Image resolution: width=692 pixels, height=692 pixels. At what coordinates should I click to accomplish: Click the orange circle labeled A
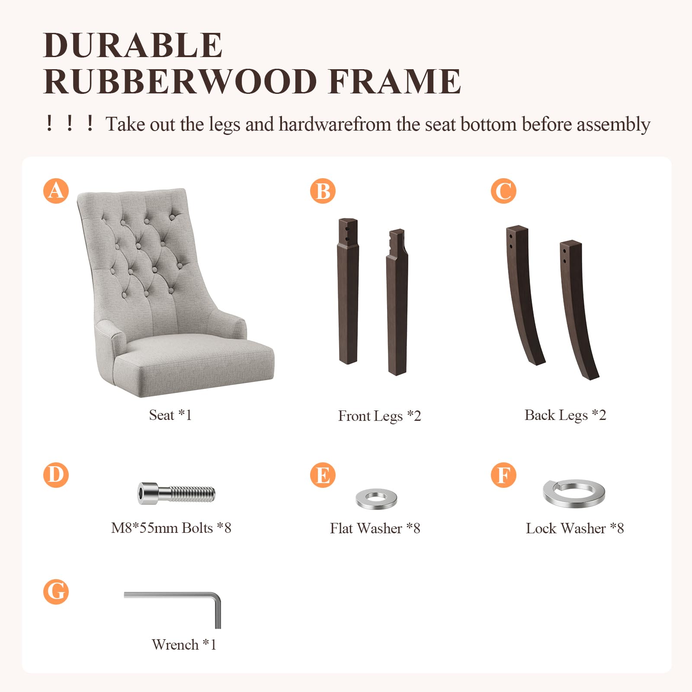56,191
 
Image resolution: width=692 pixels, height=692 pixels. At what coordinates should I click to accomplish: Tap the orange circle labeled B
323,191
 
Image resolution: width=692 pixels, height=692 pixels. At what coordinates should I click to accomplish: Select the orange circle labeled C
503,191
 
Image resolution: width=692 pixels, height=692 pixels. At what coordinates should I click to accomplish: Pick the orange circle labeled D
56,475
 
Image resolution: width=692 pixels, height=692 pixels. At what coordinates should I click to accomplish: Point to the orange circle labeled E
323,475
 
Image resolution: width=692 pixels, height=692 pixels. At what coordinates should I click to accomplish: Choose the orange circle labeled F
503,475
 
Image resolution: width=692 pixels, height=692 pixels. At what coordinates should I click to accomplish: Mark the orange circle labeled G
56,592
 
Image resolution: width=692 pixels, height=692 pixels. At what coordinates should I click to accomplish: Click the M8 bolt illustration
176,493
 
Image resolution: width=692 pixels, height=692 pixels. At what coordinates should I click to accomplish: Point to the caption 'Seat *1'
170,415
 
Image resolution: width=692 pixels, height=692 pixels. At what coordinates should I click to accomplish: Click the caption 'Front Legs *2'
379,416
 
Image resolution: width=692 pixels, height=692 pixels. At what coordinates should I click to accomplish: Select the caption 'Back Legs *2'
565,415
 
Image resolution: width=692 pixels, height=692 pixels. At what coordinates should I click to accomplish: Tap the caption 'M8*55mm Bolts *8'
171,528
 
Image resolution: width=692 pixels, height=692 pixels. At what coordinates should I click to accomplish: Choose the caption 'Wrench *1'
184,645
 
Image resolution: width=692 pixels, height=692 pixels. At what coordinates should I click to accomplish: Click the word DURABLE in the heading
133,45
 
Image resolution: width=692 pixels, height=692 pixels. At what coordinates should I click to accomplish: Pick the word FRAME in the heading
394,81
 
